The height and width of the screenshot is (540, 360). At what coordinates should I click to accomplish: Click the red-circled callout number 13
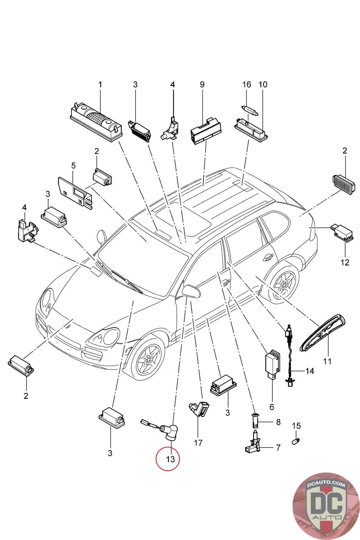168,459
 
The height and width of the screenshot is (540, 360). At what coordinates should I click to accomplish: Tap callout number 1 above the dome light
100,84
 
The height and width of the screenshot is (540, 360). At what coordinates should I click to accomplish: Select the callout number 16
247,84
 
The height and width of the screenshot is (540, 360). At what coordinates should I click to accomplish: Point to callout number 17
198,442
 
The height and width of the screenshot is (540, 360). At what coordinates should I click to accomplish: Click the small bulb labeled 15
296,441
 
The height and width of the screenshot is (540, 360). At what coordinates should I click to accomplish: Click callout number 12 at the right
345,262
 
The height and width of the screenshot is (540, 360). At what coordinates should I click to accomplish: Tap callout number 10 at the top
263,84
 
